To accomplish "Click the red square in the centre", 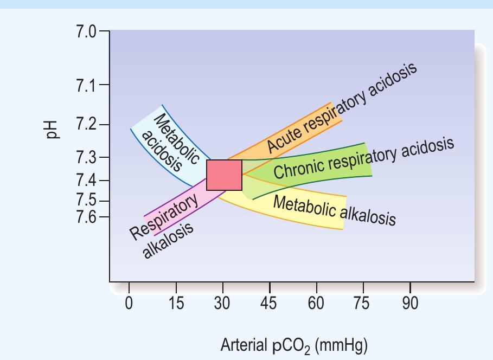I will click(x=225, y=175).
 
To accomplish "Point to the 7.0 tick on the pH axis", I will click(x=86, y=31).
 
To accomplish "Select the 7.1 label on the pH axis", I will click(x=86, y=85).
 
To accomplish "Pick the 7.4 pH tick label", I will click(x=86, y=180).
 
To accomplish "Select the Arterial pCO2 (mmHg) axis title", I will click(x=294, y=344).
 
